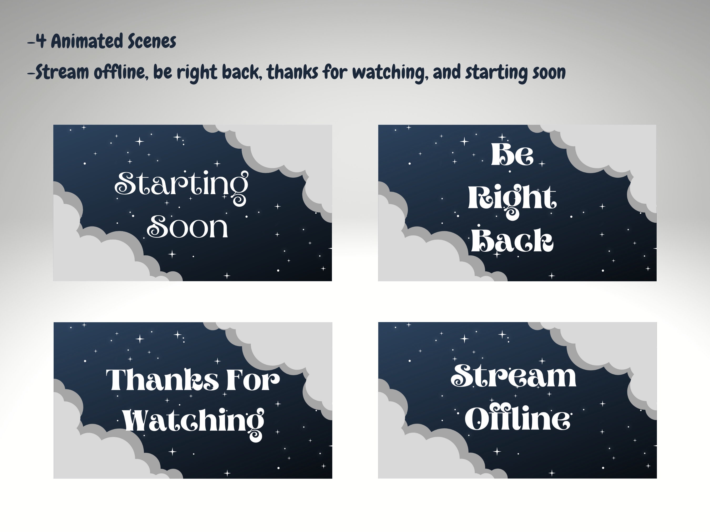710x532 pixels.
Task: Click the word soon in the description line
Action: pyautogui.click(x=549, y=73)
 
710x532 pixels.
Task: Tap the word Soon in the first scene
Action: pyautogui.click(x=187, y=227)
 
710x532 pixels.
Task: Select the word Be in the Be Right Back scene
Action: pyautogui.click(x=512, y=154)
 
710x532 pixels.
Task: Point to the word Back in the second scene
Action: pyautogui.click(x=512, y=240)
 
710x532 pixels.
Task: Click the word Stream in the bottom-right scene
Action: pyautogui.click(x=513, y=376)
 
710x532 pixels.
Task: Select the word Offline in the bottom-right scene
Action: pyautogui.click(x=518, y=419)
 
